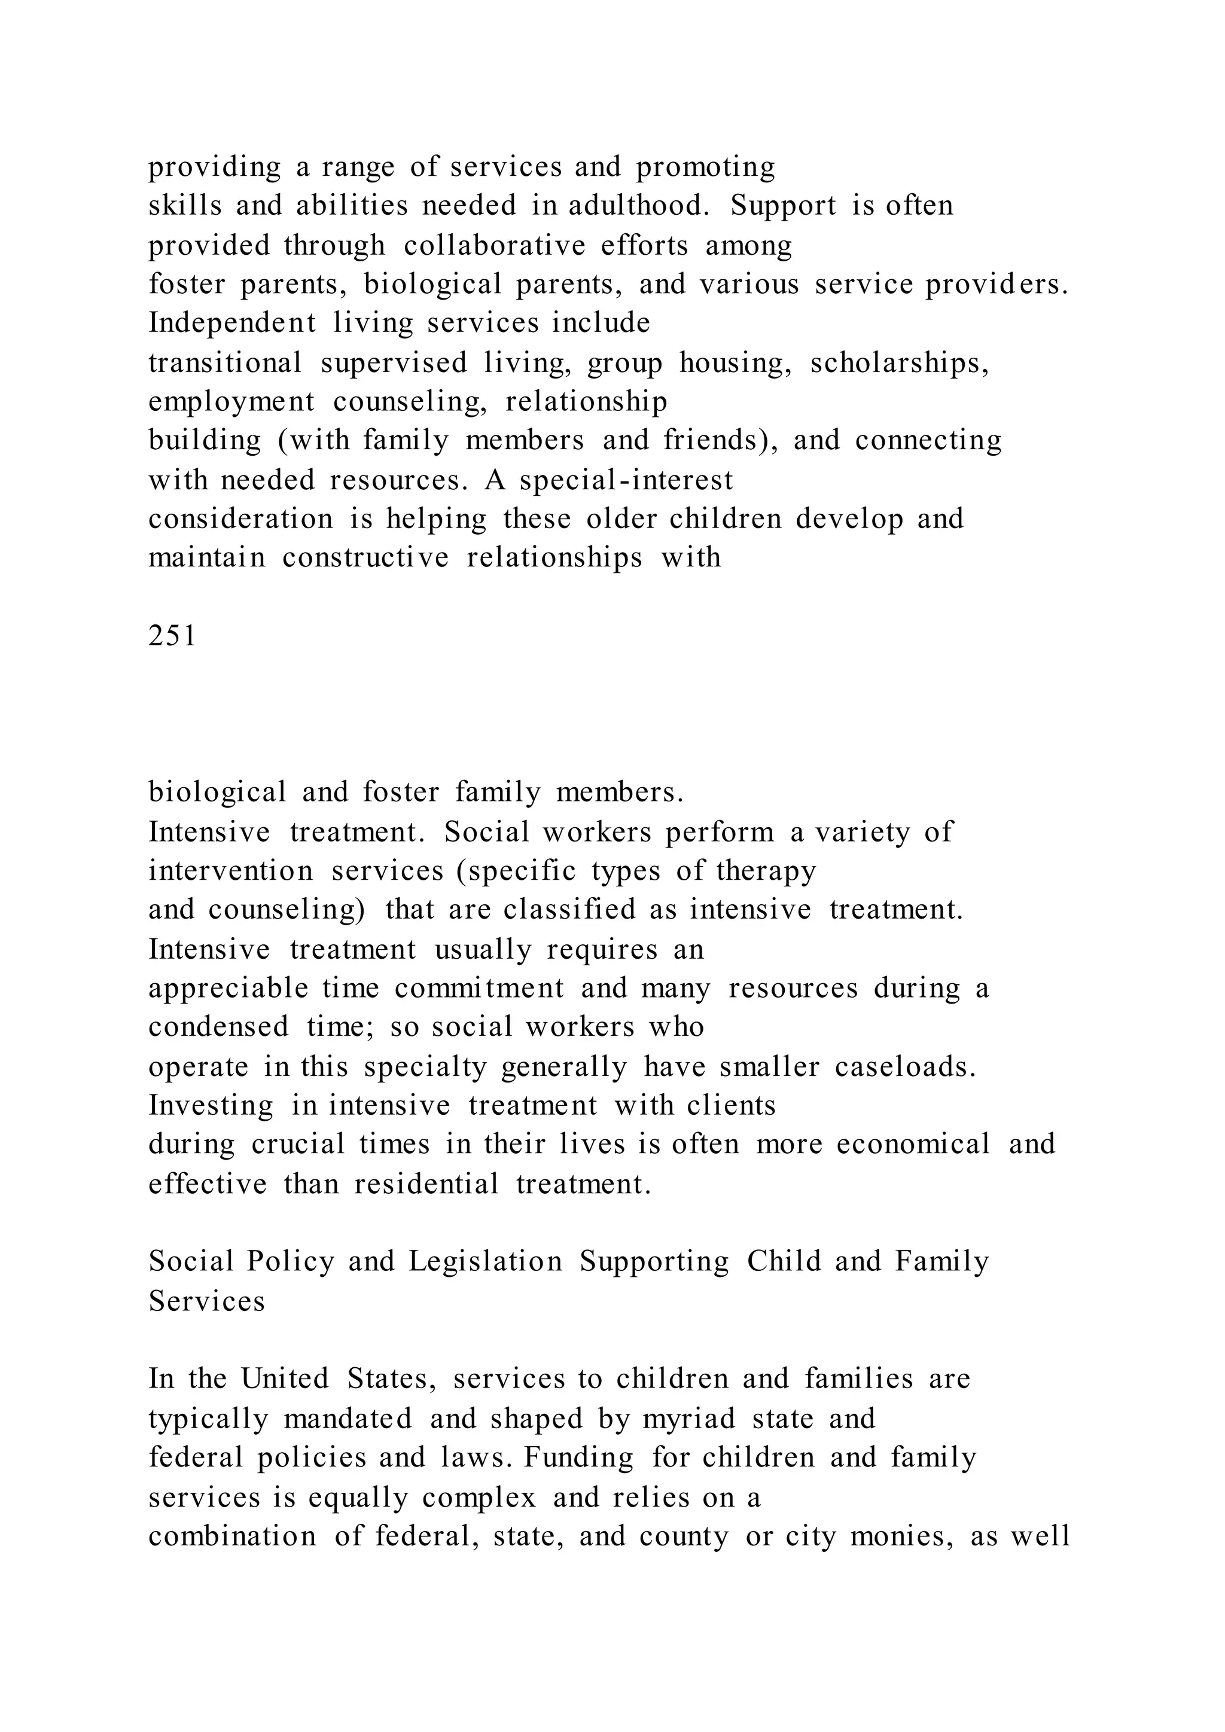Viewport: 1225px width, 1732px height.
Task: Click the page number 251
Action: pyautogui.click(x=173, y=636)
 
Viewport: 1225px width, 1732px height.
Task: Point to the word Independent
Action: pyautogui.click(x=232, y=323)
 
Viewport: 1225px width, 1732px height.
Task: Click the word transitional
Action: pyautogui.click(x=225, y=363)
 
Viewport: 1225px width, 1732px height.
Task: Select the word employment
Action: pyautogui.click(x=231, y=401)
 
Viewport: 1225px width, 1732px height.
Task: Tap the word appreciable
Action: pyautogui.click(x=228, y=988)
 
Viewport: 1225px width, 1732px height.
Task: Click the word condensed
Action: pyautogui.click(x=218, y=1027)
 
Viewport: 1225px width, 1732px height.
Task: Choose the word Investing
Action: pyautogui.click(x=211, y=1105)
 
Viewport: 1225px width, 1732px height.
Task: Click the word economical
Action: pyautogui.click(x=913, y=1144)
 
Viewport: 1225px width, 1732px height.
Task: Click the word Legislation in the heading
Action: pyautogui.click(x=486, y=1261)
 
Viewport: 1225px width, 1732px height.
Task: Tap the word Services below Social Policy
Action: pyautogui.click(x=207, y=1301)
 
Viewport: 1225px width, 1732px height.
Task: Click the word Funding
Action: pyautogui.click(x=578, y=1457)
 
